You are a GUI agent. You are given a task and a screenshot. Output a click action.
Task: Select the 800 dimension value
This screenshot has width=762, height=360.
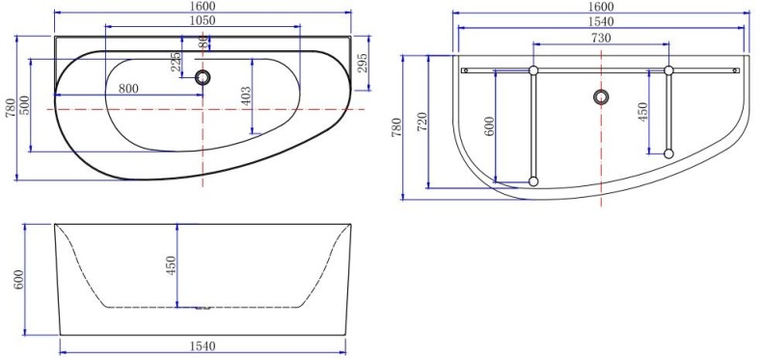127,88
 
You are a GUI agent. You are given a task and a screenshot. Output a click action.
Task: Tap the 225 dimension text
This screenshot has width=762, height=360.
175,62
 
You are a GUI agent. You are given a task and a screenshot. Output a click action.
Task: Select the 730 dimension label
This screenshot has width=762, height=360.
600,37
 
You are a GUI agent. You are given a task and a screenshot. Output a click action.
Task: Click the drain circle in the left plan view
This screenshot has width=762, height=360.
203,78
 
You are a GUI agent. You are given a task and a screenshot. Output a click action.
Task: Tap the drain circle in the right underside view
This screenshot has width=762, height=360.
602,97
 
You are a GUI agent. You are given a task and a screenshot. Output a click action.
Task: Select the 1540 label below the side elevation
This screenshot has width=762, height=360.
201,346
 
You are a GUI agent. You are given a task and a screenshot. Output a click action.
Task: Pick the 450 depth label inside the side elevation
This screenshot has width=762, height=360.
171,266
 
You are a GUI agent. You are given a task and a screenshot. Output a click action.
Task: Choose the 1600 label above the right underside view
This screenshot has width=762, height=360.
600,8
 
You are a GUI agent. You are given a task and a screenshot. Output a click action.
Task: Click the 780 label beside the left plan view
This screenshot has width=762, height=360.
11,108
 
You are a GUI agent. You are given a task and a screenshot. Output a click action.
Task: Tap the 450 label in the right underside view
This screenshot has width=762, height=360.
643,112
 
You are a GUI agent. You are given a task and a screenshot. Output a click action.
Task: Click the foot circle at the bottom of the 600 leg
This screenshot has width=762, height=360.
532,180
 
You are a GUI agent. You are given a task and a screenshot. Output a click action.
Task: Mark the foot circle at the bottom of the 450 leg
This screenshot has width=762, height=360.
667,152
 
